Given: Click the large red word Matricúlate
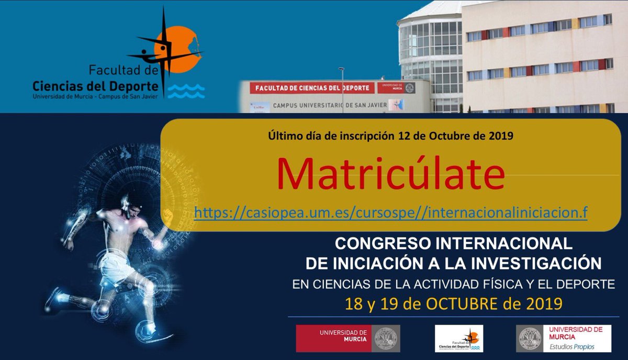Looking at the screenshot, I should [391, 174].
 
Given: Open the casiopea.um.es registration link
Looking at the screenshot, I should [391, 213].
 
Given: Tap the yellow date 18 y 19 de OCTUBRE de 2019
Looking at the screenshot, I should [453, 303].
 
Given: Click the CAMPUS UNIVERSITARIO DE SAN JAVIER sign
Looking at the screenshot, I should [330, 105].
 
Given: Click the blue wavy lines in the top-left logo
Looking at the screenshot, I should [189, 92].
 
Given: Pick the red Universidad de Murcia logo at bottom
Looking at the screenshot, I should [347, 338].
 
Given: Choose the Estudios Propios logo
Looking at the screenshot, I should [563, 338].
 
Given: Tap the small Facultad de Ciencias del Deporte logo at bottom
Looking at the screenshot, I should [459, 338].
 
